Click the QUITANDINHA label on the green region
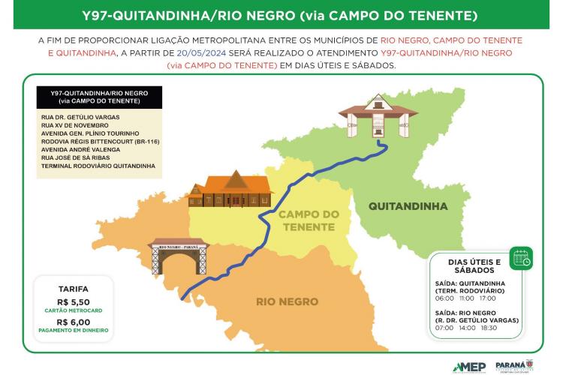(408, 206)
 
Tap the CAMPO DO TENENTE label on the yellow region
(308, 220)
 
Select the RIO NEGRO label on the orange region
(287, 301)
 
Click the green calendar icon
(520, 258)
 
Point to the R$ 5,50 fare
(73, 301)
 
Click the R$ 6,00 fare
(73, 320)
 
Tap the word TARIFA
(73, 288)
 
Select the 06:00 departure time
(444, 298)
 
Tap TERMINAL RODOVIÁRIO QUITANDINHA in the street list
(98, 165)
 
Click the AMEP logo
(469, 366)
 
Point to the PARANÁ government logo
(513, 365)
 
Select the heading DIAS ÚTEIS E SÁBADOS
(474, 265)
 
